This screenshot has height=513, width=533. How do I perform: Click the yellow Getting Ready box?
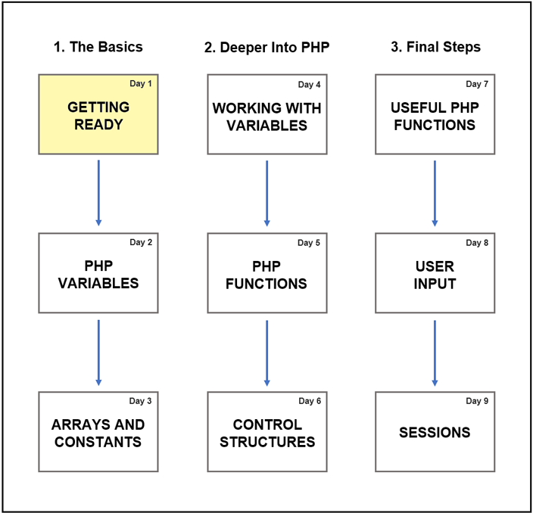tap(98, 114)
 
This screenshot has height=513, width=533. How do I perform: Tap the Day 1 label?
tap(141, 83)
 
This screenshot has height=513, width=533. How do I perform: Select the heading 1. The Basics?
tap(98, 47)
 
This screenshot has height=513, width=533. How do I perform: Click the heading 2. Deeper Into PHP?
tap(266, 47)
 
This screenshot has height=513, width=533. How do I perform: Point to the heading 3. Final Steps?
tap(436, 47)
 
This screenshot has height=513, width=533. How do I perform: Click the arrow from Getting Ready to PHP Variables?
tap(98, 193)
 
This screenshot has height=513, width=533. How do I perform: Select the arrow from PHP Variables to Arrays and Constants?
tap(98, 353)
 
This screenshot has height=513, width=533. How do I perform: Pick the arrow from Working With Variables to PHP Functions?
tap(266, 193)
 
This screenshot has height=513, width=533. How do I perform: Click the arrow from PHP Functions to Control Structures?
tap(266, 353)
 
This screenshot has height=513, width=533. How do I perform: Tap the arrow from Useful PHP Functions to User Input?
tap(435, 193)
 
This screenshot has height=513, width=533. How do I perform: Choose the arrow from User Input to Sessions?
tap(435, 353)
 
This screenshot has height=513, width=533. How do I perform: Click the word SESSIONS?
tap(435, 433)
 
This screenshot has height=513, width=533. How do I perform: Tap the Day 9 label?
tap(477, 401)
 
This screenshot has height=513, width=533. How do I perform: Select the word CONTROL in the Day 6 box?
tap(267, 424)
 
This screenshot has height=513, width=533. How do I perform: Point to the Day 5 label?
tap(309, 243)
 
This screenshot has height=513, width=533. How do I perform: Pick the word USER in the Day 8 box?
tap(435, 266)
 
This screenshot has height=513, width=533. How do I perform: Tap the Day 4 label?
tap(310, 85)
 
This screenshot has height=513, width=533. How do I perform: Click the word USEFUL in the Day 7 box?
tap(413, 107)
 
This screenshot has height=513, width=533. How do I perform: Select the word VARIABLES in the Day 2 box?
tap(98, 283)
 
